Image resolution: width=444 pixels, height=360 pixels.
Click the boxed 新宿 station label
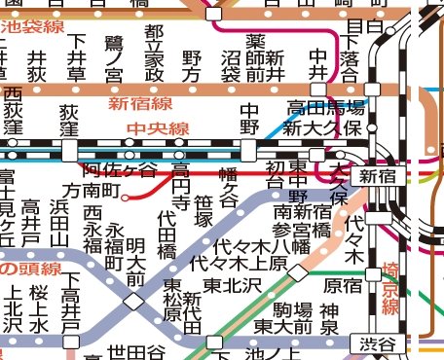[379, 176]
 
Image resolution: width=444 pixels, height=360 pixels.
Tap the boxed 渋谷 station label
[379, 344]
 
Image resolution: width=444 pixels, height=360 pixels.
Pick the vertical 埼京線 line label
[390, 287]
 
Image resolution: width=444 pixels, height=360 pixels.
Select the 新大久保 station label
[322, 127]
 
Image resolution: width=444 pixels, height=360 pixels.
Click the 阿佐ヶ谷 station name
[120, 170]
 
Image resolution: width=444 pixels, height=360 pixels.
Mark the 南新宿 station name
[304, 211]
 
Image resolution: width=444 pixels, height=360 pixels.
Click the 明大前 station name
[135, 261]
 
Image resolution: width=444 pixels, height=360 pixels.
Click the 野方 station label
[192, 67]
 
